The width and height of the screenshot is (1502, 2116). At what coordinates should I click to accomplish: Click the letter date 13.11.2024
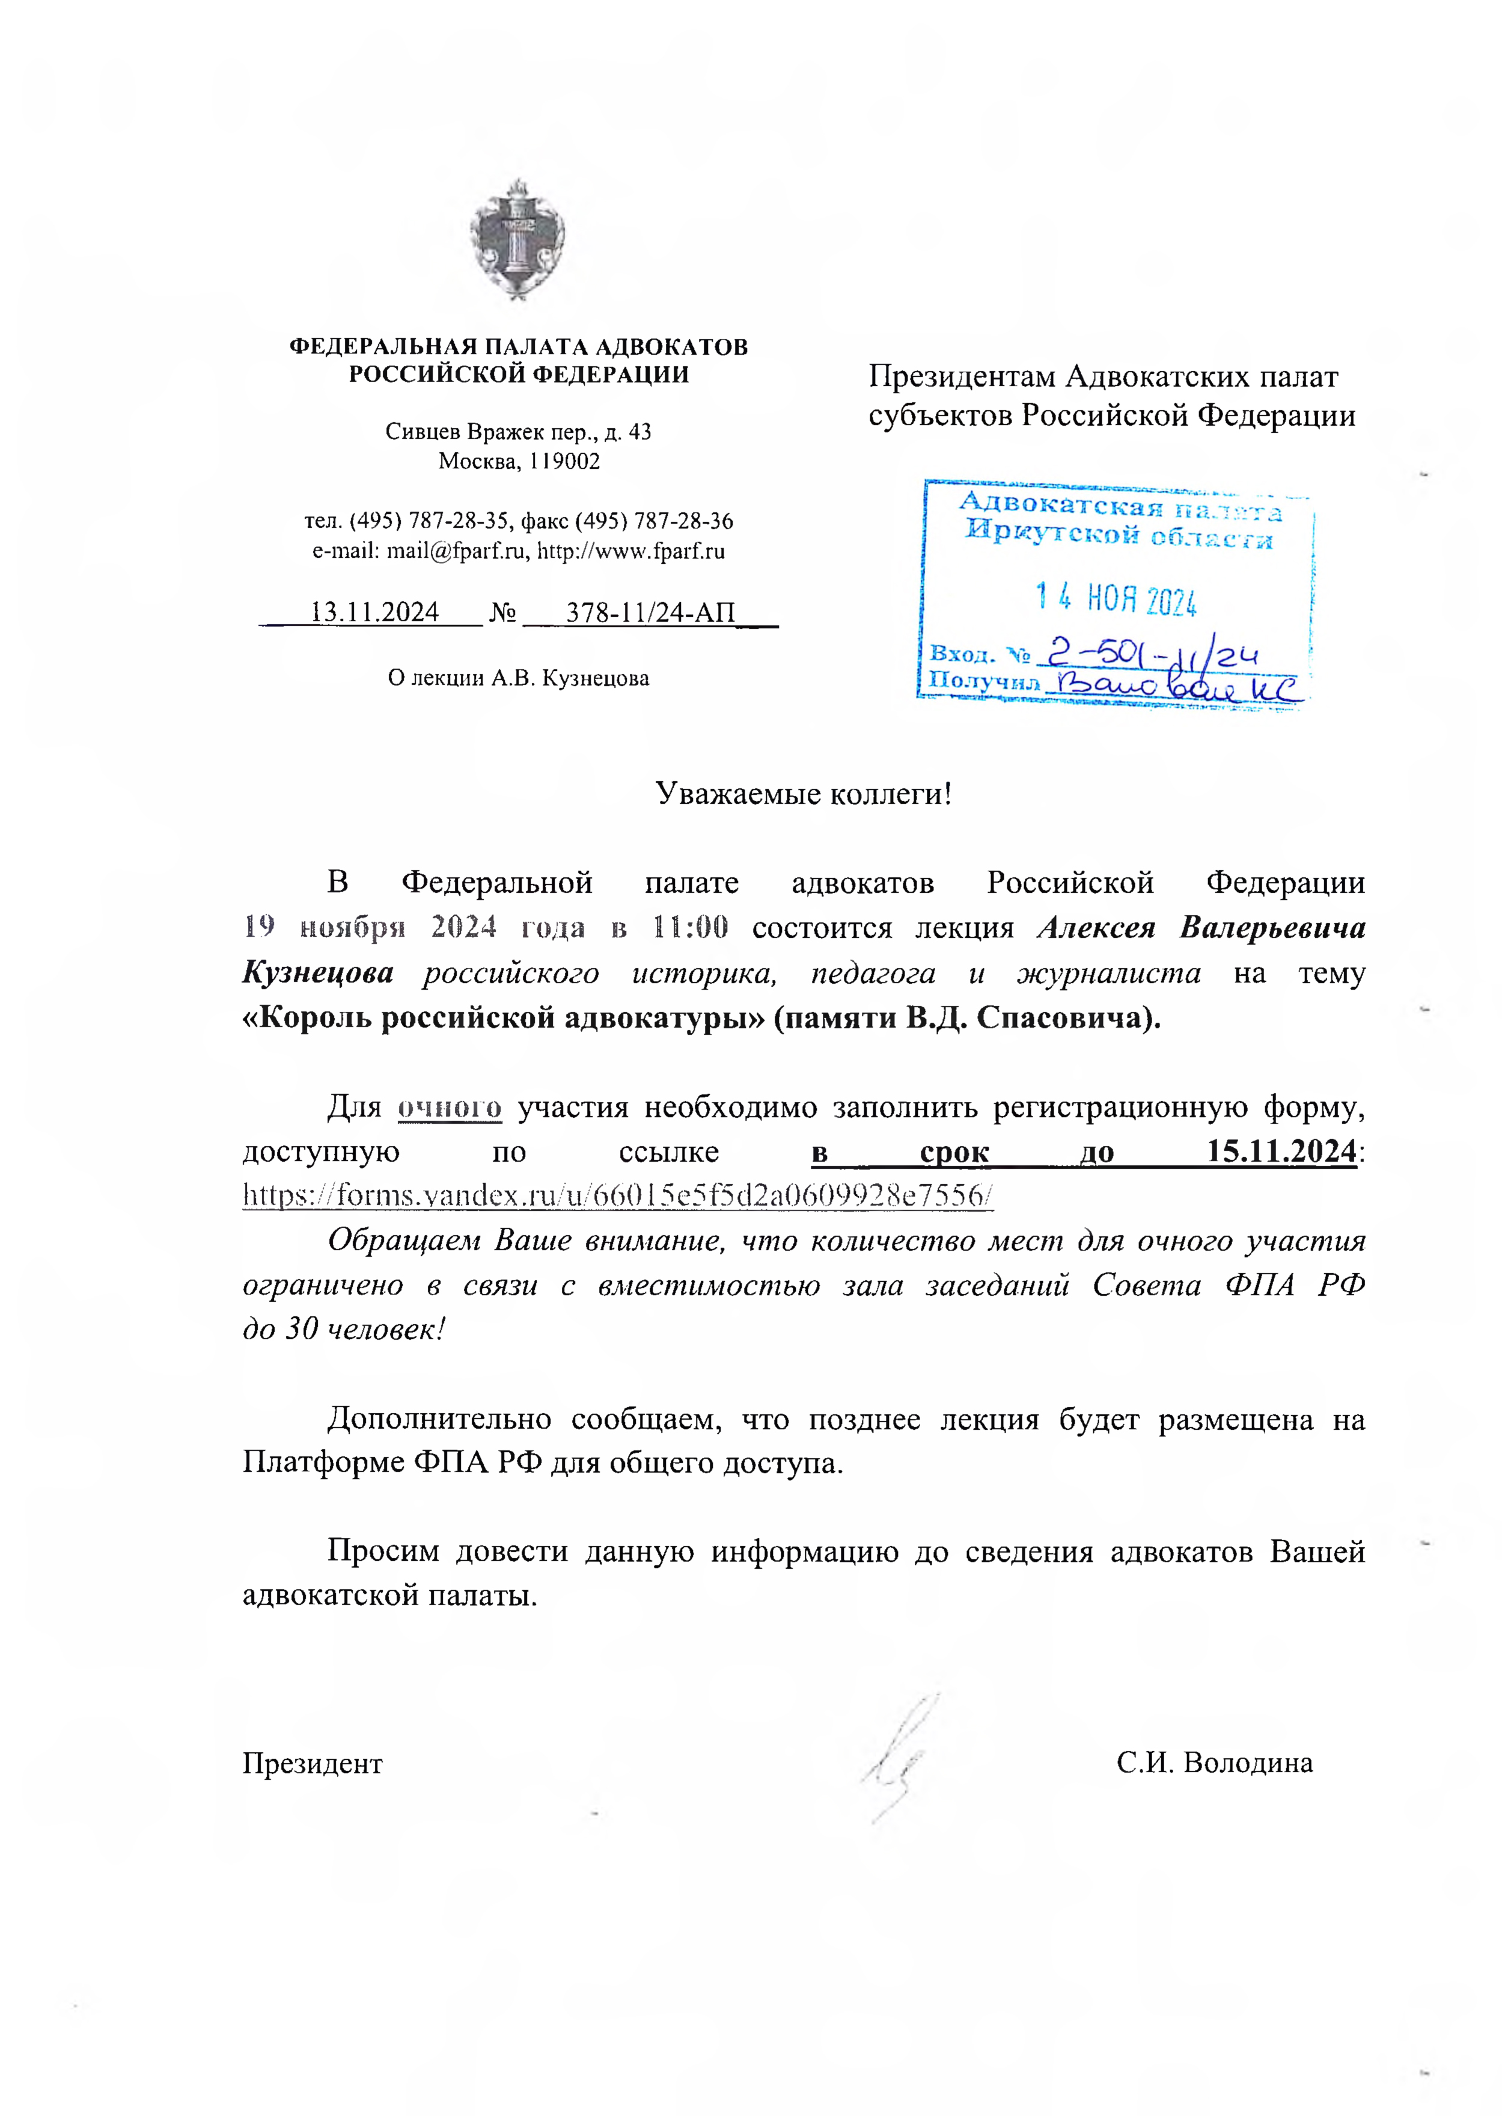coord(374,613)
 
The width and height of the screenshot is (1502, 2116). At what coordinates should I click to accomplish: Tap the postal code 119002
coord(564,461)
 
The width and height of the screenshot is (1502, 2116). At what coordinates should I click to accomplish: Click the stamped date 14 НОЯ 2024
coord(1116,601)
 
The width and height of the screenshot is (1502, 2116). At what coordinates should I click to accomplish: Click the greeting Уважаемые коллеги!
coord(803,793)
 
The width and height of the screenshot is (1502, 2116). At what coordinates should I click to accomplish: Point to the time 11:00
coord(690,927)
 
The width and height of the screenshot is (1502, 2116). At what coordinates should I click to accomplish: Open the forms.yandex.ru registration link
coord(618,1195)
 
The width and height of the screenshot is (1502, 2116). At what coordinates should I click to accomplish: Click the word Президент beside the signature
coord(313,1764)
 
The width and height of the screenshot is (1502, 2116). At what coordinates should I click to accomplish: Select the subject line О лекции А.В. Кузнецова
coord(518,678)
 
